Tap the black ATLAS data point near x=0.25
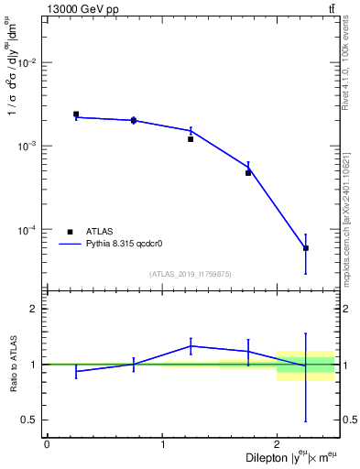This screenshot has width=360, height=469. click(x=76, y=115)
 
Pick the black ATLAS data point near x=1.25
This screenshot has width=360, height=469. click(x=191, y=139)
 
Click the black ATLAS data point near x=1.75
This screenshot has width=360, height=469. click(x=248, y=172)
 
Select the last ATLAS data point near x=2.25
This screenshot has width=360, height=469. click(x=306, y=248)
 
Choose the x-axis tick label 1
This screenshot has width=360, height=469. click(x=162, y=444)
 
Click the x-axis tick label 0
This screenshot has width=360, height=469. click(x=47, y=444)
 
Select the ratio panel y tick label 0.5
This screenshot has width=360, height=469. click(x=31, y=420)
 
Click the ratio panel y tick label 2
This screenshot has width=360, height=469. click(x=35, y=309)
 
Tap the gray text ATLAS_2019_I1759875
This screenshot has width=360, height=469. click(x=191, y=273)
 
